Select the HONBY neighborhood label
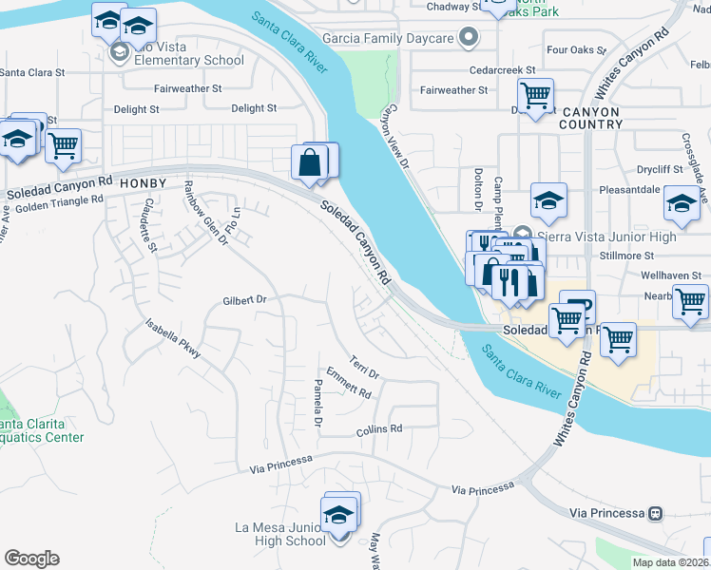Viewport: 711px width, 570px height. point(144,182)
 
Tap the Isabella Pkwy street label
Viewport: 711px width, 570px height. point(173,337)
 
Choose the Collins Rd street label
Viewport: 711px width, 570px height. point(379,429)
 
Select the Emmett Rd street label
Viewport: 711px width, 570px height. point(348,385)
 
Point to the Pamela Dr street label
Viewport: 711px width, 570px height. point(318,403)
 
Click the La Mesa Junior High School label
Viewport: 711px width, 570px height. point(280,534)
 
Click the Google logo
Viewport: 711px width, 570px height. point(31,559)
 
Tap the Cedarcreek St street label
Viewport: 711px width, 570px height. point(503,70)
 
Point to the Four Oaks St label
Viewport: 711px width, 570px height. point(570,49)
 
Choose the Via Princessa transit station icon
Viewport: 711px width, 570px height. point(655,513)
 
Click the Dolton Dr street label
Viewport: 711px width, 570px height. point(478,189)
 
